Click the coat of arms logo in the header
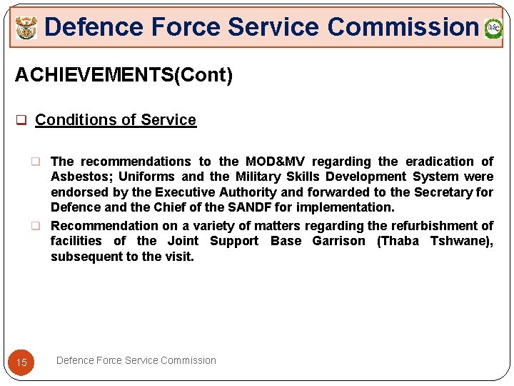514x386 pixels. [x=26, y=29]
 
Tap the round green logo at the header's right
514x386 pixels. [x=493, y=29]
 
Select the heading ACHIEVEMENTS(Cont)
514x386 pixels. [x=124, y=75]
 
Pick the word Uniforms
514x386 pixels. [x=146, y=177]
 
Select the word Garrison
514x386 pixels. [x=338, y=241]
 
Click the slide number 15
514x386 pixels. [x=21, y=362]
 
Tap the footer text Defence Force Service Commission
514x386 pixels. [x=136, y=360]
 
